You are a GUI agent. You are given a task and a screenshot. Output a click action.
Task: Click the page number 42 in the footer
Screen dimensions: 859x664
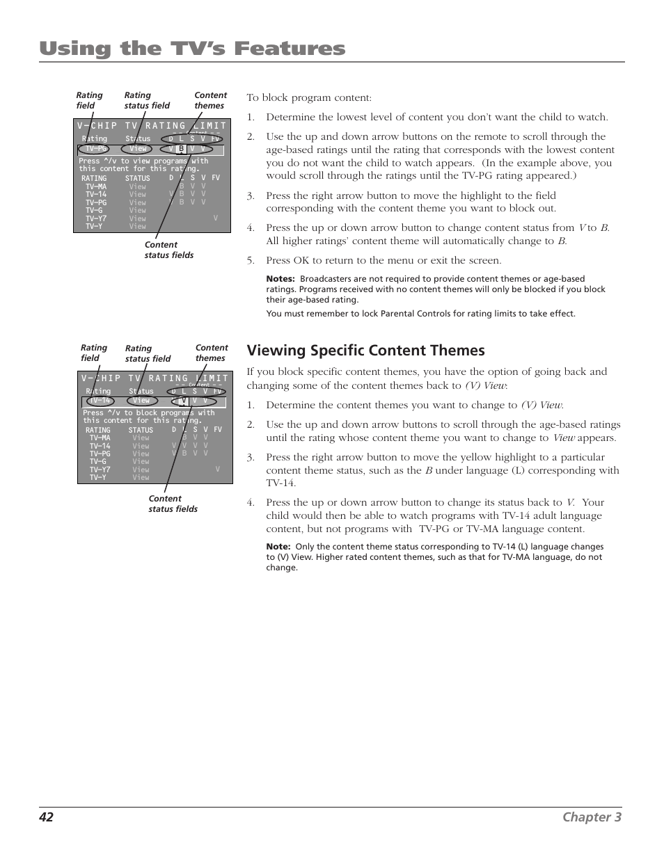click(x=46, y=817)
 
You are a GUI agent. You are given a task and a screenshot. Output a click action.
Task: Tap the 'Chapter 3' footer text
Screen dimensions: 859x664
click(x=592, y=817)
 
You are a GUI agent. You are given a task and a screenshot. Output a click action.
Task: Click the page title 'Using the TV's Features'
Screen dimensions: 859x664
click(x=192, y=49)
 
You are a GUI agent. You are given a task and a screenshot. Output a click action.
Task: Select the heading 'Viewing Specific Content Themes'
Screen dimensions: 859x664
click(x=365, y=351)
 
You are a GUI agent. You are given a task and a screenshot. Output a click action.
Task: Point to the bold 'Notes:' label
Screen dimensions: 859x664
click(x=280, y=279)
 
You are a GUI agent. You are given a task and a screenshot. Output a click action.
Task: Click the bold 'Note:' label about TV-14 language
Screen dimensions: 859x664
click(x=278, y=547)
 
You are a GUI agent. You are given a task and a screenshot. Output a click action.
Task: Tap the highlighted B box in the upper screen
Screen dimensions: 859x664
click(x=180, y=149)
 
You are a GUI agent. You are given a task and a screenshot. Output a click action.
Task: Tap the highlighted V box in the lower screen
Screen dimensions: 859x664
click(x=184, y=401)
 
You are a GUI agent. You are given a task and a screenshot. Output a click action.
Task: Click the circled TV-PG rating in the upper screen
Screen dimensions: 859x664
click(x=95, y=149)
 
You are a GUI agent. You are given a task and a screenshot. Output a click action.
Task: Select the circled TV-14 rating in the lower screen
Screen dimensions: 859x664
click(x=100, y=401)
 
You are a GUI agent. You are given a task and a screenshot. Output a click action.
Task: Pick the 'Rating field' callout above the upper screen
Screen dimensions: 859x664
click(x=89, y=100)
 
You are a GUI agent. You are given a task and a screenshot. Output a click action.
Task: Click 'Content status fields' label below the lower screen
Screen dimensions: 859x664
click(x=173, y=504)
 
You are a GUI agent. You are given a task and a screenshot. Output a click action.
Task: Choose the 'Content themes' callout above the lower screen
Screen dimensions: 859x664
click(x=211, y=353)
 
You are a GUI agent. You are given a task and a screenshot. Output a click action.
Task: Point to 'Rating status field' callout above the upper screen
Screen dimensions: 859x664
click(x=147, y=100)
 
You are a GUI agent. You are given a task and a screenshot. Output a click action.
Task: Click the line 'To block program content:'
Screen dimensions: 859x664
click(x=309, y=98)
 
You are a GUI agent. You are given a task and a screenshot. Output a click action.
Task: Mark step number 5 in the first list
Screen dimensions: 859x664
click(x=250, y=261)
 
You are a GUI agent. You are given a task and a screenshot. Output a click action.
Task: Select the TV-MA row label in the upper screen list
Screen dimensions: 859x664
click(x=96, y=186)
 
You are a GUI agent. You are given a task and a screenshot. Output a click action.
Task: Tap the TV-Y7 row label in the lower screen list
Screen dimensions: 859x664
click(x=100, y=469)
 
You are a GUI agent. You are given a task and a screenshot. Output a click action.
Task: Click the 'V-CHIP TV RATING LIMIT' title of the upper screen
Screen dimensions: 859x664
click(x=152, y=126)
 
